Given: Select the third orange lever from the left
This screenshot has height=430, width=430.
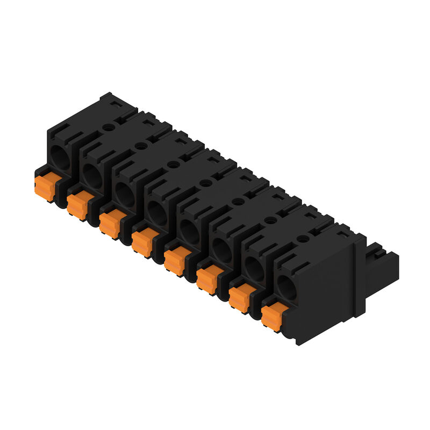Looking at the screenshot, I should pyautogui.click(x=110, y=224).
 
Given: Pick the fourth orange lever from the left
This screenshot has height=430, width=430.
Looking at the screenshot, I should pyautogui.click(x=142, y=242).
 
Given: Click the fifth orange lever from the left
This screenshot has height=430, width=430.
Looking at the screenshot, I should pyautogui.click(x=174, y=261).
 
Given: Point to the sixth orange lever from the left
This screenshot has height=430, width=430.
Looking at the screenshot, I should pyautogui.click(x=207, y=279).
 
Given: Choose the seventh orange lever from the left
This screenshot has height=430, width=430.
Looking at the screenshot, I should pyautogui.click(x=239, y=297).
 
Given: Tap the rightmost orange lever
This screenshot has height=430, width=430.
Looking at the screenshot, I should pyautogui.click(x=271, y=316).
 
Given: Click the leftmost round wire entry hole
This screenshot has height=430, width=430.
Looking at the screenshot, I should pyautogui.click(x=60, y=157).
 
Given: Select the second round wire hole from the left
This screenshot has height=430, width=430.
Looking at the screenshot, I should pyautogui.click(x=92, y=176).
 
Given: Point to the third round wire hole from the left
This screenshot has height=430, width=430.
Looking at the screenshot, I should pyautogui.click(x=125, y=194).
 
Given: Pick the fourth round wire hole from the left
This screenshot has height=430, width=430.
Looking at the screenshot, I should pyautogui.click(x=157, y=212).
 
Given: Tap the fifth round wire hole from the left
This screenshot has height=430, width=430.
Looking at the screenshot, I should pyautogui.click(x=189, y=231).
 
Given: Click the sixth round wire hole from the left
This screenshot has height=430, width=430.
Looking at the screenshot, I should pyautogui.click(x=221, y=249).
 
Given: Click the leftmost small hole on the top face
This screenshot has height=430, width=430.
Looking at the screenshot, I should pyautogui.click(x=109, y=127).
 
